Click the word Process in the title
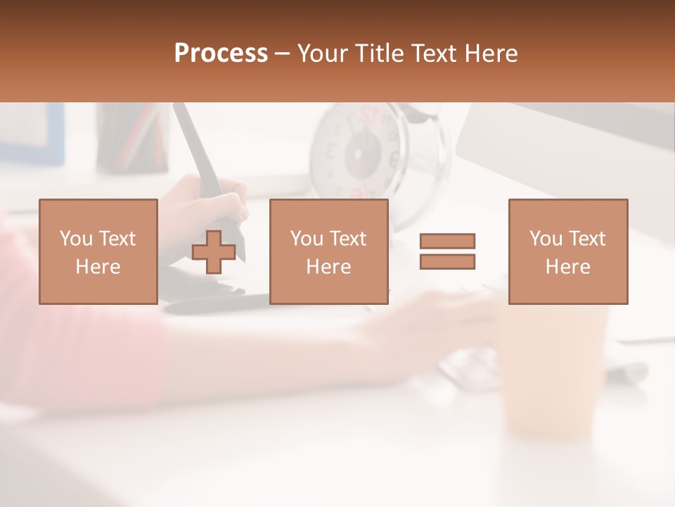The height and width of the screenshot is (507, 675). click(x=221, y=53)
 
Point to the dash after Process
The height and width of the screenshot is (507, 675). click(x=283, y=54)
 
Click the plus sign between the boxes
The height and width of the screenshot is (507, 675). click(x=214, y=252)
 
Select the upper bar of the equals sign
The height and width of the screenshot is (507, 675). click(x=447, y=241)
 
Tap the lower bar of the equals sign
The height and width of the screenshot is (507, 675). click(x=447, y=261)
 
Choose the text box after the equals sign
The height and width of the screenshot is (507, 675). click(x=568, y=251)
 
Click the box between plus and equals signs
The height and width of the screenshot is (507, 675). click(x=328, y=251)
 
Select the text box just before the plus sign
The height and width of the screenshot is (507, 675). click(x=98, y=251)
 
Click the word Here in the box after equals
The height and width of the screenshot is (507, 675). click(x=568, y=266)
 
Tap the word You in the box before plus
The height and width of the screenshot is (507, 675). click(x=76, y=238)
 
